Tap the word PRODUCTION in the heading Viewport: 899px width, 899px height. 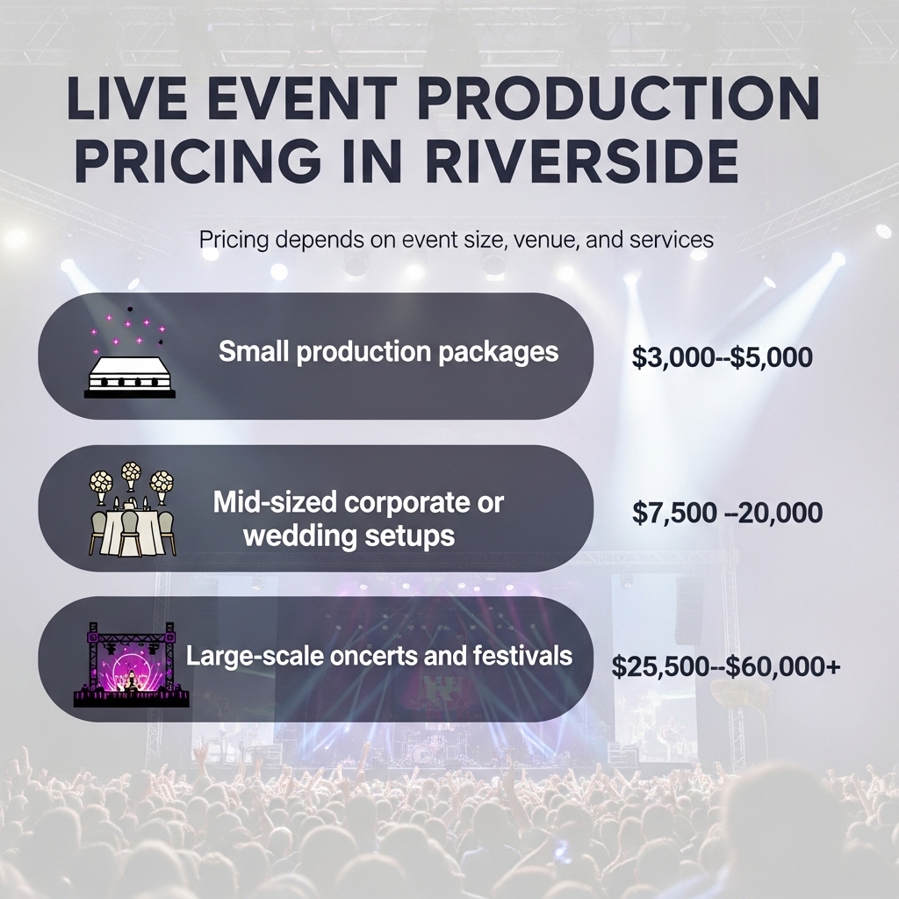(619, 98)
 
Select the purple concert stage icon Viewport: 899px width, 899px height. (132, 665)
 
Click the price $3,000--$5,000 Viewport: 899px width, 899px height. (722, 356)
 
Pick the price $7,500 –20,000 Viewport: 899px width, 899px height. (727, 512)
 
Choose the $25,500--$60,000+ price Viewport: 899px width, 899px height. (726, 666)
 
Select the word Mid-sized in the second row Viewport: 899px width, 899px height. (275, 502)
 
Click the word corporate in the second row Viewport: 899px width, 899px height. (409, 503)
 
